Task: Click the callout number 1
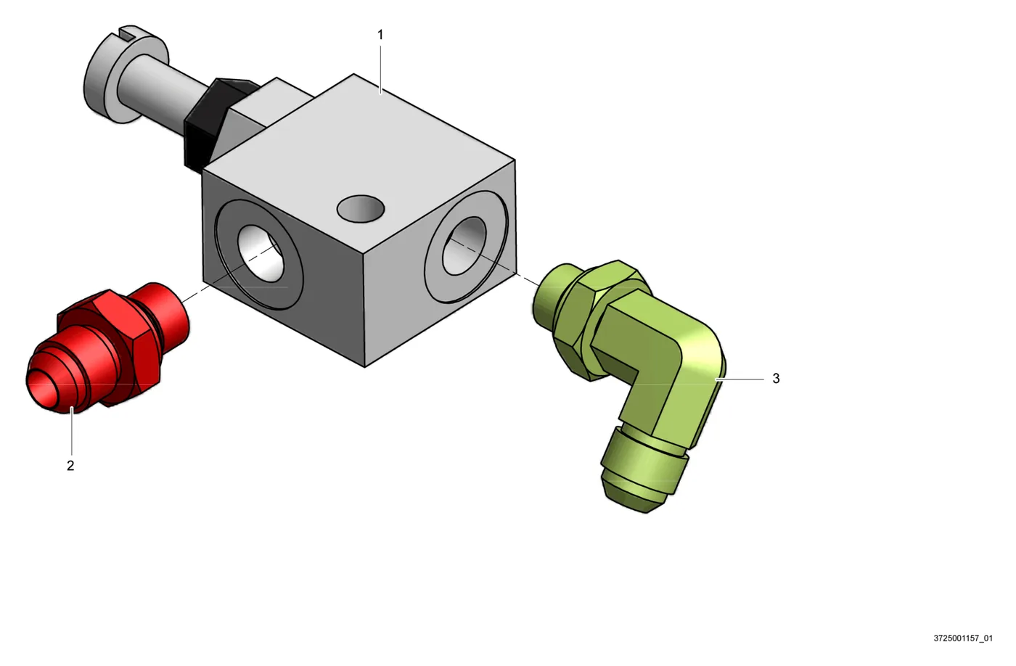pyautogui.click(x=380, y=35)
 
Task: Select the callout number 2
pyautogui.click(x=70, y=466)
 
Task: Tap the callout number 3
pyautogui.click(x=776, y=379)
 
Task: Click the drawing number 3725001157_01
pyautogui.click(x=963, y=638)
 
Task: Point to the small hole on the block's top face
pyautogui.click(x=361, y=208)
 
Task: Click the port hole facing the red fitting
pyautogui.click(x=261, y=253)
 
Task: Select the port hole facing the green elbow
pyautogui.click(x=464, y=246)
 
